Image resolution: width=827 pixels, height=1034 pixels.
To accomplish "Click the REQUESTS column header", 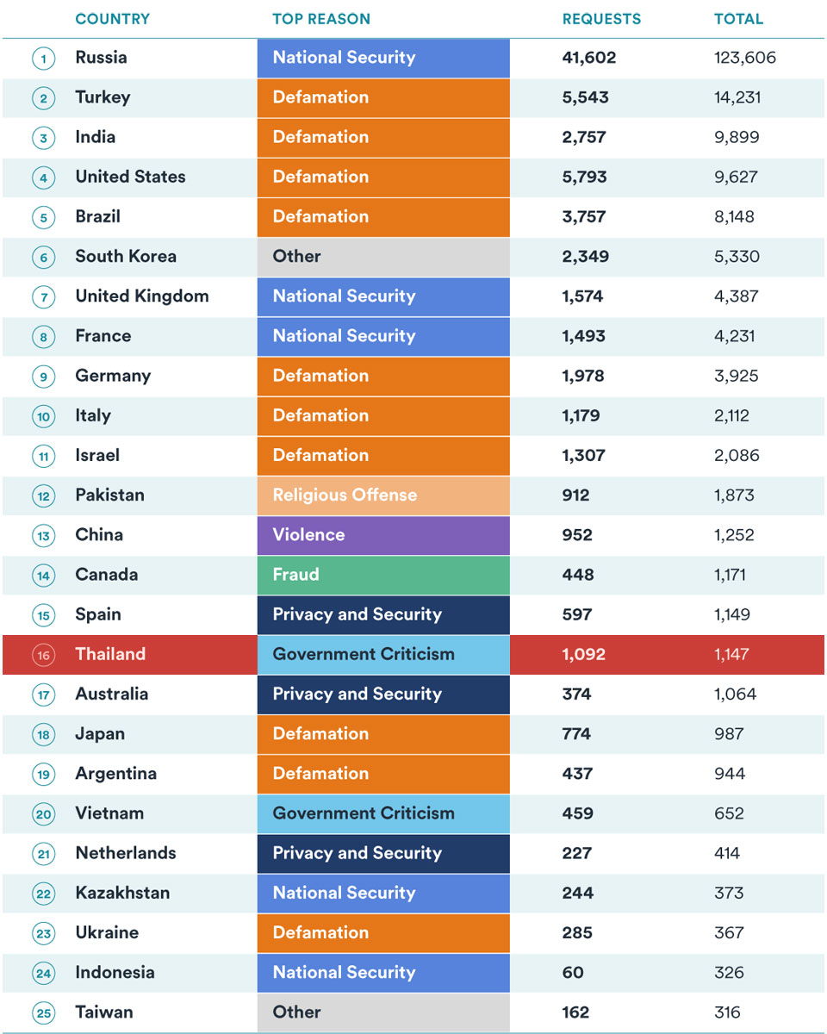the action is point(601,19).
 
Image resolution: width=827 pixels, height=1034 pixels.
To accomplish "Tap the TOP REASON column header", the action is point(321,19).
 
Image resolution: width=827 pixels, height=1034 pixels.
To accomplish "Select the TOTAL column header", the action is point(738,19).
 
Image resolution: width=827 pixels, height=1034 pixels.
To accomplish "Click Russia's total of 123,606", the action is point(744,58).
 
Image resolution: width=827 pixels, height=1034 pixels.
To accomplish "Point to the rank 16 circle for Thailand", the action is point(44,655).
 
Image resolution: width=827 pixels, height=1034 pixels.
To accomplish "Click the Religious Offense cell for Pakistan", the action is point(383,495).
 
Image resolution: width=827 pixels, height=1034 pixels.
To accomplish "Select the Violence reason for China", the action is point(383,535).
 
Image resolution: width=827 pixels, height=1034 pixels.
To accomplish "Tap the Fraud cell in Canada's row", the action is point(383,575).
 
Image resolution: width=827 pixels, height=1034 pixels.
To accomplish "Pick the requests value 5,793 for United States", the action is point(584,177).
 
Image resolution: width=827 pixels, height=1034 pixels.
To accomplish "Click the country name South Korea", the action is point(126,256).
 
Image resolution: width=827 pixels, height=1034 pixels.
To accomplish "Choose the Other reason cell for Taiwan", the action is point(383,1012).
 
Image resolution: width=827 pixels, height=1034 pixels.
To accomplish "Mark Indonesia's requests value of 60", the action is point(573,973).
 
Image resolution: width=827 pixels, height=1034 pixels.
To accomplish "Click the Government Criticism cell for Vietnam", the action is point(383,813).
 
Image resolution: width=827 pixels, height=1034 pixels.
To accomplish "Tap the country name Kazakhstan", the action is point(122,893).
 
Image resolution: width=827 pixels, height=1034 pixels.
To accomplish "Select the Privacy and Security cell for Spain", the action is point(383,615).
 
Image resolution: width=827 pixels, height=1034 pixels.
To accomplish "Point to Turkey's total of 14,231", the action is point(737,97).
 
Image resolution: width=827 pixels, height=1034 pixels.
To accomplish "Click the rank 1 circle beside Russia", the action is point(44,59).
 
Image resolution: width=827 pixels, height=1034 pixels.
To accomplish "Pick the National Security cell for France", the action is point(383,336).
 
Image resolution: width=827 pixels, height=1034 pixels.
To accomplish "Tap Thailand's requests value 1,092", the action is point(584,654).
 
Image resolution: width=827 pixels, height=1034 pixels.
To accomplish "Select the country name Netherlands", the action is point(126,853).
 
